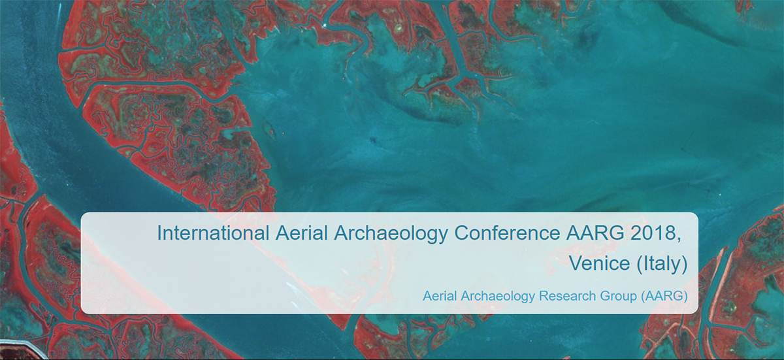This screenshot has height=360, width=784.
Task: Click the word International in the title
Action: [x=213, y=233]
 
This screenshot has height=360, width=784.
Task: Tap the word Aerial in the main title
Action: [x=302, y=233]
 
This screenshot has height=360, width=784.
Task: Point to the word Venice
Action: [x=600, y=263]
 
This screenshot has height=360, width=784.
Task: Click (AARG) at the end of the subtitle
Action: [x=664, y=297]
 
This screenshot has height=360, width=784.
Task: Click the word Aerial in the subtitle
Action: [x=440, y=296]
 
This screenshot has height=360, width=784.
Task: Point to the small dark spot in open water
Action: [x=374, y=140]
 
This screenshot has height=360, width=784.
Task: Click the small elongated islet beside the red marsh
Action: [x=270, y=130]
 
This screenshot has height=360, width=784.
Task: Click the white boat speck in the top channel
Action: [x=325, y=25]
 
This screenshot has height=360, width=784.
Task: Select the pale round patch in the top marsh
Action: [x=398, y=27]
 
